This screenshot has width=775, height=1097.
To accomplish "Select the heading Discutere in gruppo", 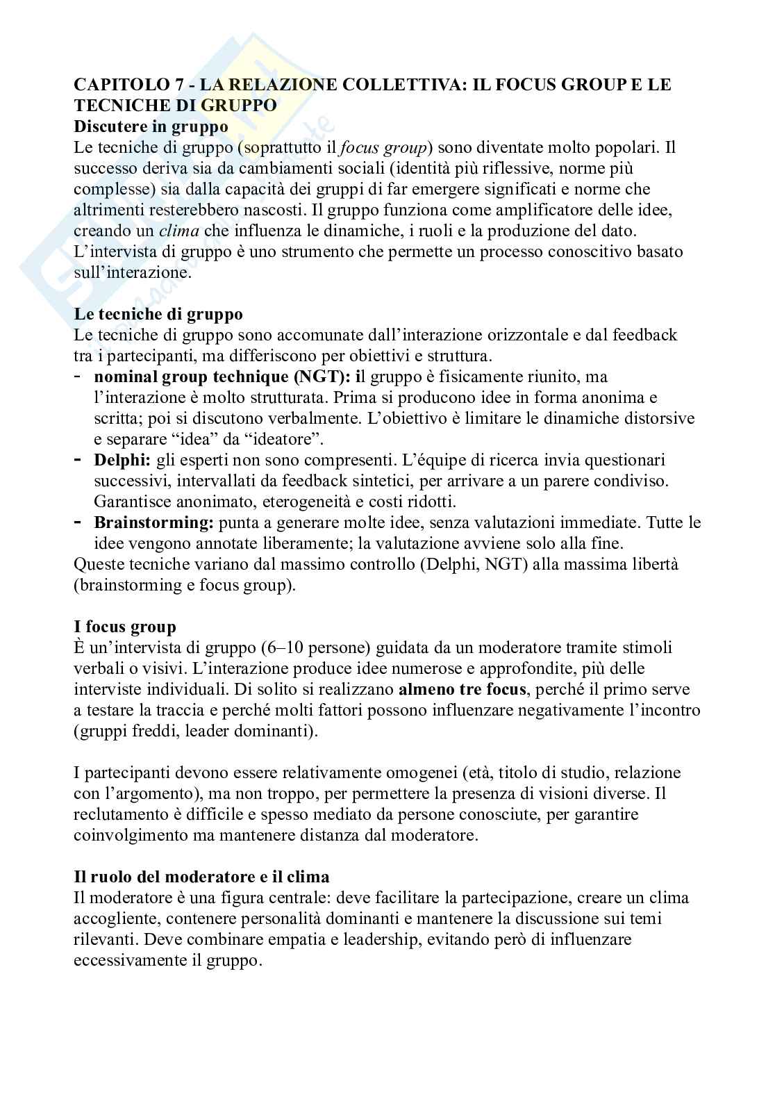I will pos(151,126).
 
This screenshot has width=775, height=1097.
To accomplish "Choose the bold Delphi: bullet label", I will pos(122,460).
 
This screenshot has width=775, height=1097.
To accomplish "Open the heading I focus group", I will pos(125,627).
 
